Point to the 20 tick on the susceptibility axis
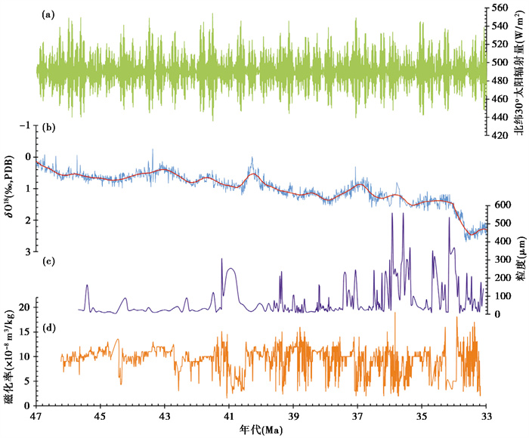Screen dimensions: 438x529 [x=24, y=307]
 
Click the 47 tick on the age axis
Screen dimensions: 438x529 [x=36, y=417]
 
